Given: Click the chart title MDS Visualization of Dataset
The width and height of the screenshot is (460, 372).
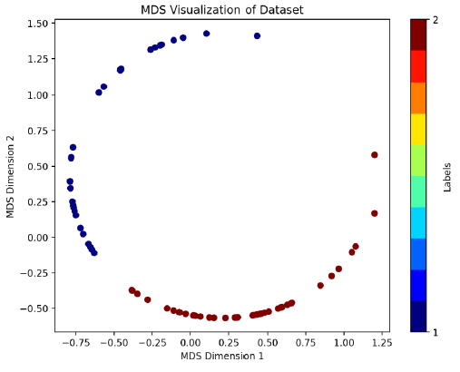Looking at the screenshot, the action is [x=222, y=10].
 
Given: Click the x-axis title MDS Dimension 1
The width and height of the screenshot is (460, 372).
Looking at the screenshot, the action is [x=222, y=356].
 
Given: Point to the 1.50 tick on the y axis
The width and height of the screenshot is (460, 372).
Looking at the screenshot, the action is [x=54, y=24].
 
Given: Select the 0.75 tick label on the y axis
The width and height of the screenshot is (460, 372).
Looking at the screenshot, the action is [x=37, y=131].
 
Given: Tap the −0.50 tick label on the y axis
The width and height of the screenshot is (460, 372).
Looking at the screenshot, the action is [x=34, y=308].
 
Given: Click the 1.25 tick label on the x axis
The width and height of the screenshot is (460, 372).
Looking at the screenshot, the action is [x=382, y=343].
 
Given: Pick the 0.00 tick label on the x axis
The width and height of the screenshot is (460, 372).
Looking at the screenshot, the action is [x=190, y=343].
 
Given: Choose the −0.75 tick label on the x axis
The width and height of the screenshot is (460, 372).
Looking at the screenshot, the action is [x=75, y=343].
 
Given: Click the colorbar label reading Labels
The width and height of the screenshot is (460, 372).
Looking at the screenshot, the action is [x=447, y=177].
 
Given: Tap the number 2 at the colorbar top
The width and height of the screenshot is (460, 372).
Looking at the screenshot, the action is [x=436, y=20].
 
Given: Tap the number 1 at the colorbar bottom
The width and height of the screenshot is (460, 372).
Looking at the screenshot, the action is [x=436, y=333].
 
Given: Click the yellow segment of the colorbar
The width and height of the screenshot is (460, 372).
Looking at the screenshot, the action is [x=418, y=129].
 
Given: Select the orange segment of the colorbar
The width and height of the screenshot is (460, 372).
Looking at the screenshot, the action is [x=418, y=98].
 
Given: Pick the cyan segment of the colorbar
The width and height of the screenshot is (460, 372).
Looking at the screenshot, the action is [x=418, y=223].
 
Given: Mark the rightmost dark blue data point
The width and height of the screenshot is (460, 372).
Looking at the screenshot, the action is [x=257, y=36].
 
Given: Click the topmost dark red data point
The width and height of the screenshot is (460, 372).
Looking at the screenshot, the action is [x=375, y=155].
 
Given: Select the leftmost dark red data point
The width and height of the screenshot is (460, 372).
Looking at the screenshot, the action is [x=132, y=290].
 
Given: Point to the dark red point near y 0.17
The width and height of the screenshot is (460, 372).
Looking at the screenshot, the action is [x=375, y=213].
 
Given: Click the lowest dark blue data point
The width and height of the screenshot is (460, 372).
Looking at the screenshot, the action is [x=94, y=253].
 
